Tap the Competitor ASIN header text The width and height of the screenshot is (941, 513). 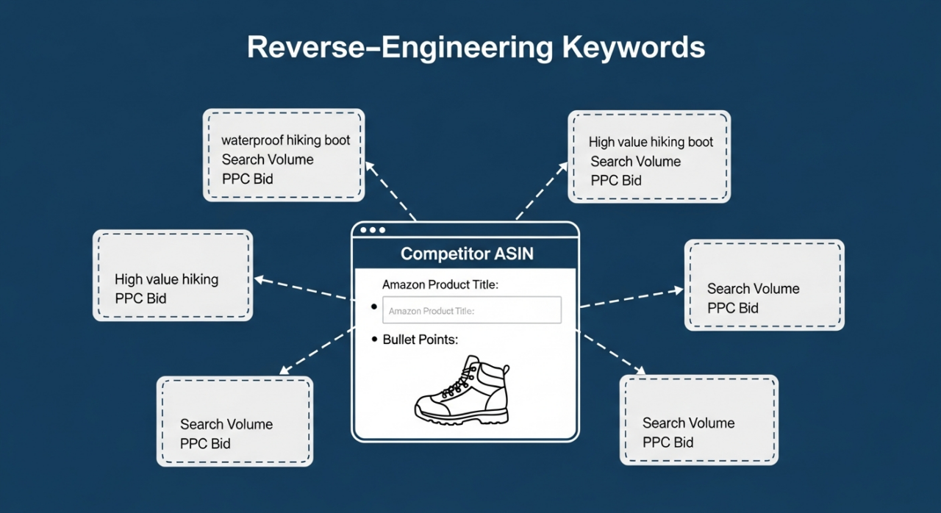(467, 254)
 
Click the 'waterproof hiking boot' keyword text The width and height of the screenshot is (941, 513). (286, 140)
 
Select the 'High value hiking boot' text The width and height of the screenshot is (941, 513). (651, 142)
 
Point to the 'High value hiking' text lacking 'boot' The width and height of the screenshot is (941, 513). (166, 279)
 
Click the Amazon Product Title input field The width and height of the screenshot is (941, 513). (471, 310)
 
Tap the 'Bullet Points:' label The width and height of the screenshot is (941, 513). (421, 340)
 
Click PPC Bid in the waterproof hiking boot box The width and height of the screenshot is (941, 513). (248, 179)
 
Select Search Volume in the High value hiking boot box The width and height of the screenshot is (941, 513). (636, 161)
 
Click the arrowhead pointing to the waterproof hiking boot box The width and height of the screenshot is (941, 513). (371, 168)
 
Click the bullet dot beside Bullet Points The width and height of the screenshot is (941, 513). (374, 340)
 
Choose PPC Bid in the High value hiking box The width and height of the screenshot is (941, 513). (140, 298)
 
